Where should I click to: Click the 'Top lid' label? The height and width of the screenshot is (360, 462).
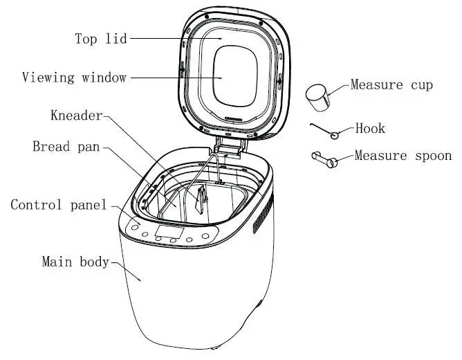point(101,39)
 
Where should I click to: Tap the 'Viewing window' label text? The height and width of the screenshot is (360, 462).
point(75,77)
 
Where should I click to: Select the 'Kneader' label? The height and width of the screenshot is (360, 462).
point(76,115)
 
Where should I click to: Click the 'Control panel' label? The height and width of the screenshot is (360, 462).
point(59,205)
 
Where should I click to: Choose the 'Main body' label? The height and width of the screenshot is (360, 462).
point(75,262)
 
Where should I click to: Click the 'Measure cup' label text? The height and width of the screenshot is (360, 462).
point(391,85)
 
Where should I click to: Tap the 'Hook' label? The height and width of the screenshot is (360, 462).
point(370,129)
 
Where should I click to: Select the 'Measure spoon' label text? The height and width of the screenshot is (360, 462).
point(403,156)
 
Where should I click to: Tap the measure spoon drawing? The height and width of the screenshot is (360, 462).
point(324,160)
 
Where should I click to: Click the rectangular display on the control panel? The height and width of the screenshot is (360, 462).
point(169,232)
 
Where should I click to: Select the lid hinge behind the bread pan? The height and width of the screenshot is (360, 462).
point(228,147)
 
